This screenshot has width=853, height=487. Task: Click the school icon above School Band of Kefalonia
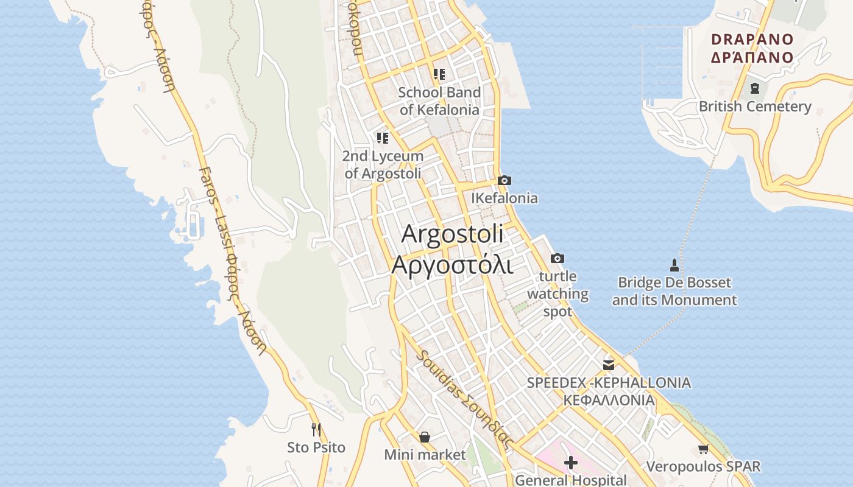click(x=439, y=74)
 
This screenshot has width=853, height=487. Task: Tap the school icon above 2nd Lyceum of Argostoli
click(x=382, y=138)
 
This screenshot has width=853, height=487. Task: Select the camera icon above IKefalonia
click(x=504, y=181)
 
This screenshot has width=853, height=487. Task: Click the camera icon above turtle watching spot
click(x=557, y=259)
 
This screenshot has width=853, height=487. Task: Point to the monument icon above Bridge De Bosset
click(x=674, y=265)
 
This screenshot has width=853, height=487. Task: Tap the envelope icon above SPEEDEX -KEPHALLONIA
click(x=608, y=365)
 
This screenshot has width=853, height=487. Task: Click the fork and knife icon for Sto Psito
click(x=316, y=430)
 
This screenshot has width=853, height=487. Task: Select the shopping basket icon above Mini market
click(x=425, y=437)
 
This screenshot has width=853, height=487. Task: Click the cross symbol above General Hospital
click(x=570, y=463)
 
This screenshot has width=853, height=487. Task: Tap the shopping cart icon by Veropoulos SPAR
click(x=703, y=449)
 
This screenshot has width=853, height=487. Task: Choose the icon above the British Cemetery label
click(x=754, y=88)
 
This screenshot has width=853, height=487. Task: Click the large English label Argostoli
click(x=452, y=234)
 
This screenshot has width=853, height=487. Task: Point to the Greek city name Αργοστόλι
click(x=452, y=265)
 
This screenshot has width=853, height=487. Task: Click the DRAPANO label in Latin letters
click(x=752, y=40)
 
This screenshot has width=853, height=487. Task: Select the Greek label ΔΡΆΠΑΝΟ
click(x=752, y=58)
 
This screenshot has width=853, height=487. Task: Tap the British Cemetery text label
click(x=754, y=107)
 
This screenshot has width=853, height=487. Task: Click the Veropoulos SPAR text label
click(x=703, y=467)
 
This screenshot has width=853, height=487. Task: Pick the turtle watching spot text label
click(x=557, y=294)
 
